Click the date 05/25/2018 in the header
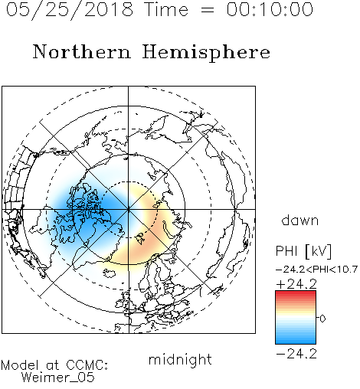70,10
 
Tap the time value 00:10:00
270,10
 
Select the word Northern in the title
82,51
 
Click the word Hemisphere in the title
206,52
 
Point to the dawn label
300,220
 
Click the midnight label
180,359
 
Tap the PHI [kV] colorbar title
303,251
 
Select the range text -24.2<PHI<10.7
316,270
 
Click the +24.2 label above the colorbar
296,284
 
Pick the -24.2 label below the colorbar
296,354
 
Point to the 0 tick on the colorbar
322,319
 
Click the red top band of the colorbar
296,294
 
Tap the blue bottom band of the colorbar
296,340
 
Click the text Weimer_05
58,378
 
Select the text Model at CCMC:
54,365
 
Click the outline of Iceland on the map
110,273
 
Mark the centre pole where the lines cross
129,210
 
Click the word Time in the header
166,10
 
